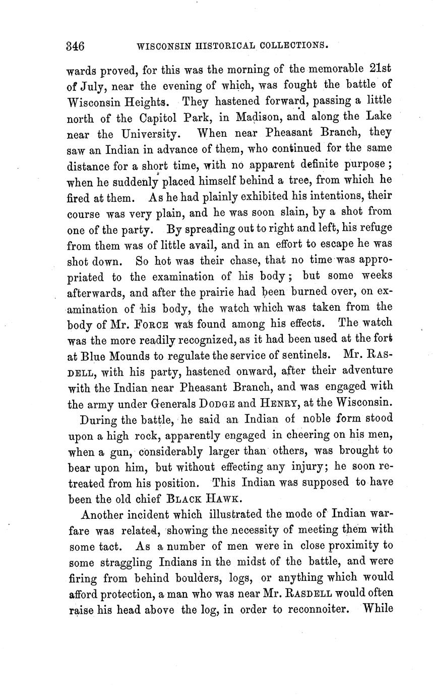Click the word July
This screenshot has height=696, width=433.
click(92, 86)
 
